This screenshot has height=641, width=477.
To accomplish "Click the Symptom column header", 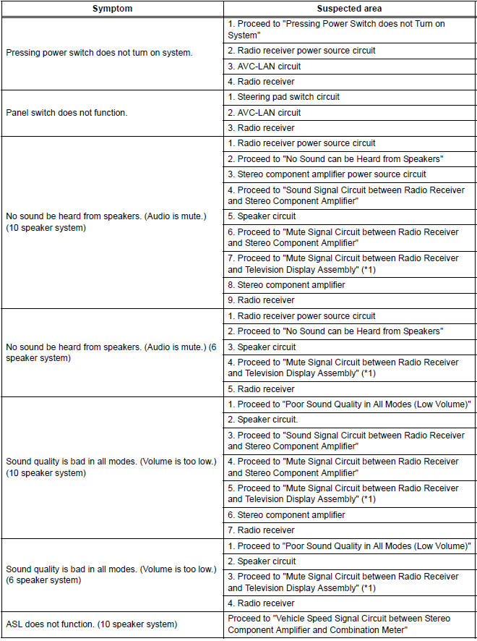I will [x=112, y=8].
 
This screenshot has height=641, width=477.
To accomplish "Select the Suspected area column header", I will [x=350, y=8].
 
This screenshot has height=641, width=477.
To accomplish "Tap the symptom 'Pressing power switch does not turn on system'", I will [x=99, y=54].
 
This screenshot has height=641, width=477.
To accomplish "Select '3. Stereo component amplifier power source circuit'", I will [x=327, y=174].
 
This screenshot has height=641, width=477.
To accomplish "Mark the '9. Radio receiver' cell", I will [x=261, y=300].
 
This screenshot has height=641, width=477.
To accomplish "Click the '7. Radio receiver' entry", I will [x=261, y=530].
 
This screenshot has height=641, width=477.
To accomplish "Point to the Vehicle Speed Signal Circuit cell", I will [x=339, y=624].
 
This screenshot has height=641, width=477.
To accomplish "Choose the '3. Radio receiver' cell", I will [x=261, y=128].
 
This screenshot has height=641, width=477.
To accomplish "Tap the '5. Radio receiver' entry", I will [x=261, y=389].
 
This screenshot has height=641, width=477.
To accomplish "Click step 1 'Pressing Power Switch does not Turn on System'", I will [x=336, y=29].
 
